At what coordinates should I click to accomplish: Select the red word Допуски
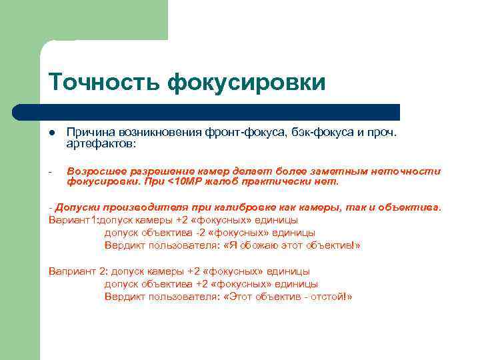(76, 207)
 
